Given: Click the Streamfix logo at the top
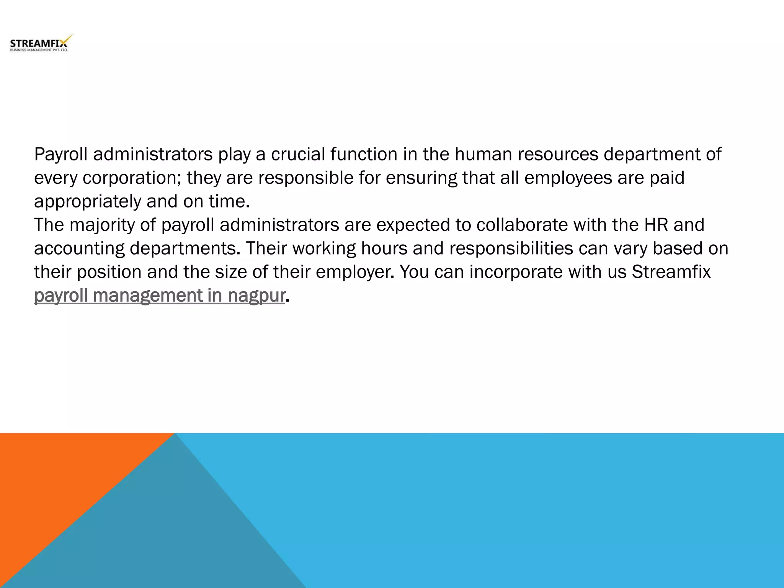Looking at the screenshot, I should (40, 43).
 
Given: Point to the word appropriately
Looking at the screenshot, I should (88, 202).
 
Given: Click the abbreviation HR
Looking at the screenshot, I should (656, 225).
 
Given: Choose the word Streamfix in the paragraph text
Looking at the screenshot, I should (671, 272).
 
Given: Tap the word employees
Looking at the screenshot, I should (568, 178).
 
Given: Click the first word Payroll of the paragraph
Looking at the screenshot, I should (61, 154).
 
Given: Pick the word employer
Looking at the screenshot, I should (354, 272).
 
